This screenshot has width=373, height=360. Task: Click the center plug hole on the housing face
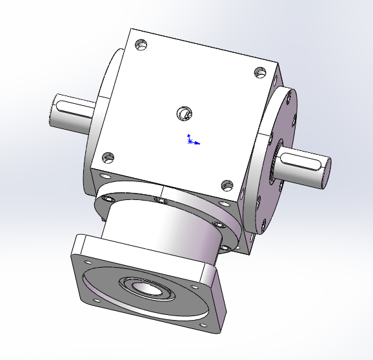184,115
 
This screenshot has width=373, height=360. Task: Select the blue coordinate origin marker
190,140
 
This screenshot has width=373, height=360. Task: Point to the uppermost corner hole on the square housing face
141,46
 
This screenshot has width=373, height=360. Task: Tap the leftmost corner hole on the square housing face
108,157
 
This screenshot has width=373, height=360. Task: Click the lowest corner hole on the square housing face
227,186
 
